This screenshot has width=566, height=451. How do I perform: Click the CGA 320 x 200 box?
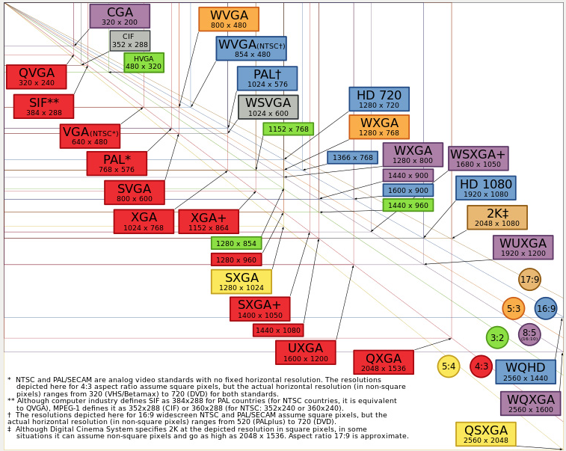pyautogui.click(x=120, y=16)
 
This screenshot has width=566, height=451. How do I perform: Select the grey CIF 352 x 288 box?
pyautogui.click(x=129, y=40)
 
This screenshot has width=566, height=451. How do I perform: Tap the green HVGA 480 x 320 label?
pyautogui.click(x=144, y=63)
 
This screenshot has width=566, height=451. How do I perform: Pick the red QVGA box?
pyautogui.click(x=36, y=77)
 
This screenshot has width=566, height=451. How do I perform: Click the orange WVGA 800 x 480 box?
pyautogui.click(x=229, y=19)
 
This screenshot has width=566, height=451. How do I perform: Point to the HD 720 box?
pyautogui.click(x=379, y=99)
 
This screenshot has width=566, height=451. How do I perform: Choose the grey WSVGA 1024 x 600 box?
pyautogui.click(x=268, y=107)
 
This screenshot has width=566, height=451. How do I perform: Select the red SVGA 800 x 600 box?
pyautogui.click(x=135, y=192)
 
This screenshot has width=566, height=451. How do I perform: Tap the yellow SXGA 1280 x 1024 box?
pyautogui.click(x=241, y=282)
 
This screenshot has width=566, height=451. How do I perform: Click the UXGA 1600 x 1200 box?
pyautogui.click(x=305, y=352)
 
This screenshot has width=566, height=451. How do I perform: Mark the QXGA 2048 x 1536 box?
pyautogui.click(x=384, y=362)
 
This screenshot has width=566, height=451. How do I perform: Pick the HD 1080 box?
pyautogui.click(x=485, y=188)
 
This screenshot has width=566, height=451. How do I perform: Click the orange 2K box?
pyautogui.click(x=497, y=218)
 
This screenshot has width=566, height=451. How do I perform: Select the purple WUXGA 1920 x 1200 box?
pyautogui.click(x=523, y=248)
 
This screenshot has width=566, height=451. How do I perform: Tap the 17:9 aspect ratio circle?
pyautogui.click(x=529, y=280)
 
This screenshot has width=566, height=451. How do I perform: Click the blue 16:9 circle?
pyautogui.click(x=546, y=308)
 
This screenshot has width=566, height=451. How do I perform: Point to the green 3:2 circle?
pyautogui.click(x=497, y=337)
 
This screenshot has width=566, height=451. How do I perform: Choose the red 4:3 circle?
pyautogui.click(x=481, y=366)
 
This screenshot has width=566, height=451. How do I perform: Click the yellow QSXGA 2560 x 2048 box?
pyautogui.click(x=486, y=435)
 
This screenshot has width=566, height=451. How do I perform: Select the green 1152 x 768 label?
pyautogui.click(x=288, y=129)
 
